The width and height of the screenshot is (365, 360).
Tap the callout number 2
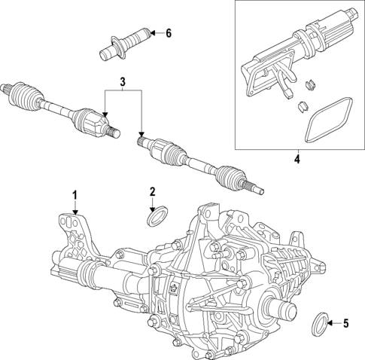pyautogui.click(x=152, y=191)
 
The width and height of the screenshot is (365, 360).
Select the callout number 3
pyautogui.click(x=123, y=81)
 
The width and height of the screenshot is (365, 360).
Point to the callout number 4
pyautogui.click(x=297, y=159)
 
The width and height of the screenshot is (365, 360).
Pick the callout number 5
pyautogui.click(x=345, y=325)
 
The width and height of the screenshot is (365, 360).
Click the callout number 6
pyautogui.click(x=169, y=32)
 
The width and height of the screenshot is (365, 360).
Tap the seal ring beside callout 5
pyautogui.click(x=320, y=326)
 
